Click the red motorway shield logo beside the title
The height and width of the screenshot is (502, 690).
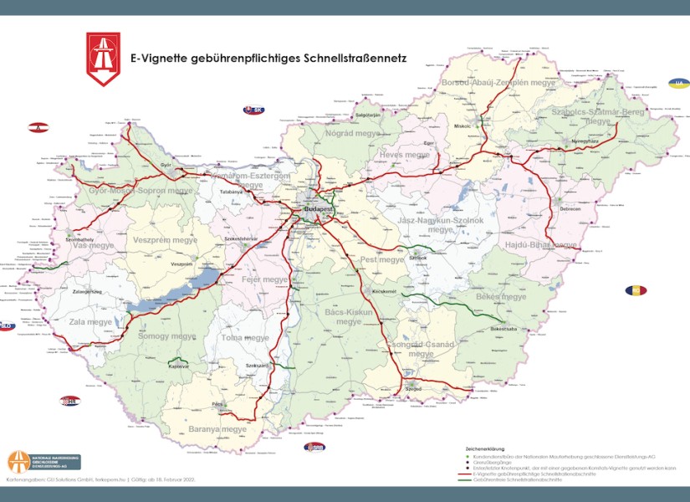tap(103, 59)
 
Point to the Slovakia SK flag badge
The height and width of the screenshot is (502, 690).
tap(253, 110)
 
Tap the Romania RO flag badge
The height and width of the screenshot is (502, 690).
tap(636, 290)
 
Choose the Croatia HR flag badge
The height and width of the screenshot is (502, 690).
tap(70, 401)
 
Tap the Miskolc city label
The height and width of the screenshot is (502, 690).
tap(463, 125)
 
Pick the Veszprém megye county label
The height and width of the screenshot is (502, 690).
tap(165, 240)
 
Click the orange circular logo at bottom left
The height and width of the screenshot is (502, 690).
tap(19, 461)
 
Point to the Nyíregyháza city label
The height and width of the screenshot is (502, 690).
tap(585, 142)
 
